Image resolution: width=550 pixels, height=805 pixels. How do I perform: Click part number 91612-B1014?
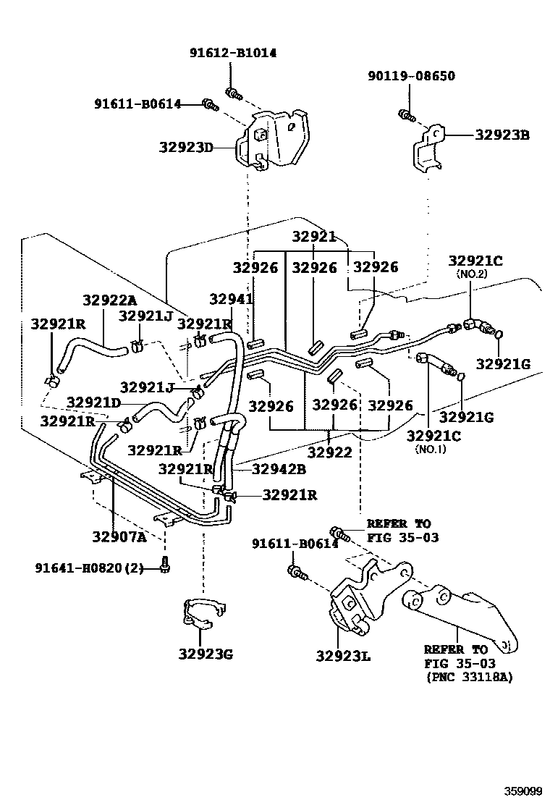point(233,53)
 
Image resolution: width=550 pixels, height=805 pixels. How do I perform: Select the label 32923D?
point(187,148)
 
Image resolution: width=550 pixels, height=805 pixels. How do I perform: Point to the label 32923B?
point(502,135)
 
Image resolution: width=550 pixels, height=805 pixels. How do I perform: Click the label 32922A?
point(110,300)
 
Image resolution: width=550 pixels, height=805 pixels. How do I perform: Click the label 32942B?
point(279,469)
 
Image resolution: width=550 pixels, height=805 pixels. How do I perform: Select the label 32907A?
point(119,536)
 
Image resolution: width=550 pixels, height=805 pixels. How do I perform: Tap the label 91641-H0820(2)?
point(88,568)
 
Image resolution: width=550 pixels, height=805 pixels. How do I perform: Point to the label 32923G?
point(206,654)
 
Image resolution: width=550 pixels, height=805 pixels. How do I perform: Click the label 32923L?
point(343,656)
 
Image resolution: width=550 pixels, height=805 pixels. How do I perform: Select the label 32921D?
point(93,402)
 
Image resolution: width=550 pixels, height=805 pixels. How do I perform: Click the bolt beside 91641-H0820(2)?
point(165,568)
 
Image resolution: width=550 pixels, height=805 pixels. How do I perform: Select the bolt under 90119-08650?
point(407,114)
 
